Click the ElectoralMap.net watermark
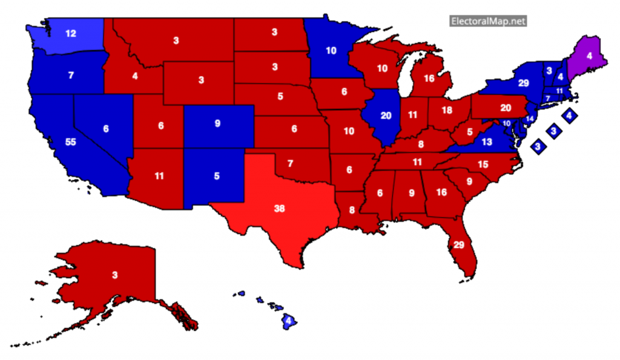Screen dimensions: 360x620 [488, 21]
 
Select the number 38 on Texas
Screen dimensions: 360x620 [279, 209]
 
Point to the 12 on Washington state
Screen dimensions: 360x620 [71, 34]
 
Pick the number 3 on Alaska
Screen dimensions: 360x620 [114, 275]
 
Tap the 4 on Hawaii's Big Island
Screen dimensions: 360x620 [289, 320]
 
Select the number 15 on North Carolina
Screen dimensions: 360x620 [483, 165]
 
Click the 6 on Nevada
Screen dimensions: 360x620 [107, 129]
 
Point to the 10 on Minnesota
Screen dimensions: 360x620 [331, 51]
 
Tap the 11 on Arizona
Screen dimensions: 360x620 [159, 177]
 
